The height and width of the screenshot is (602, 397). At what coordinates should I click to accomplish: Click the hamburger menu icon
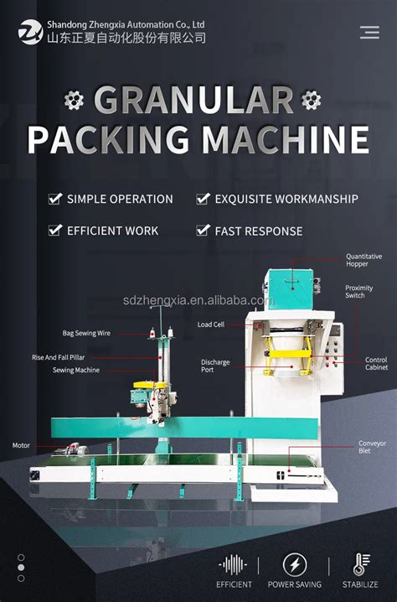[x=369, y=33]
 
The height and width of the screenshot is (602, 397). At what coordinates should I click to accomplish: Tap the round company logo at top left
[x=30, y=33]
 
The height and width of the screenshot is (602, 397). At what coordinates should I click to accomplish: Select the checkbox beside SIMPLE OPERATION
[x=55, y=199]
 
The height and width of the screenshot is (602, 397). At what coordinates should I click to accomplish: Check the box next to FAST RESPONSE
[x=203, y=230]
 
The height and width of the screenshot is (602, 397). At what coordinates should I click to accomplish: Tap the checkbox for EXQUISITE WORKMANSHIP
[x=203, y=199]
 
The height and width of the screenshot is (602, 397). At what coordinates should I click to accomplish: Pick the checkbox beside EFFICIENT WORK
[x=55, y=230]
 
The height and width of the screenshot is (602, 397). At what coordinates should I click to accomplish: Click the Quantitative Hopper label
[x=363, y=260]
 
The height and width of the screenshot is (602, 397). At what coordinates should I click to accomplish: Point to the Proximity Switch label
[x=359, y=292]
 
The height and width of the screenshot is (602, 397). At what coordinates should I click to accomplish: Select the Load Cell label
[x=210, y=324]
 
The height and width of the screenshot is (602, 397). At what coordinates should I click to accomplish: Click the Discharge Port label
[x=215, y=366]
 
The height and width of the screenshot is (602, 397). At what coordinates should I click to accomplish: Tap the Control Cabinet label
[x=376, y=363]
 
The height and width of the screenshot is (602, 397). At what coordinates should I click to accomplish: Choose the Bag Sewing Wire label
[x=86, y=333]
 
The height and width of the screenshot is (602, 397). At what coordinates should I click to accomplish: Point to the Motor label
[x=21, y=445]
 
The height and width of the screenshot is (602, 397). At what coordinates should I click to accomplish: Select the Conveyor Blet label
[x=372, y=447]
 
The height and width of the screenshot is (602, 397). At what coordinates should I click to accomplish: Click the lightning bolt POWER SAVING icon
[x=294, y=564]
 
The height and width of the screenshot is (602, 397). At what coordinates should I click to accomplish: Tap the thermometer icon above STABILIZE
[x=358, y=564]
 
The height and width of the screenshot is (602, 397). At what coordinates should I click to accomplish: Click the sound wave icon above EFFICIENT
[x=234, y=564]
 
